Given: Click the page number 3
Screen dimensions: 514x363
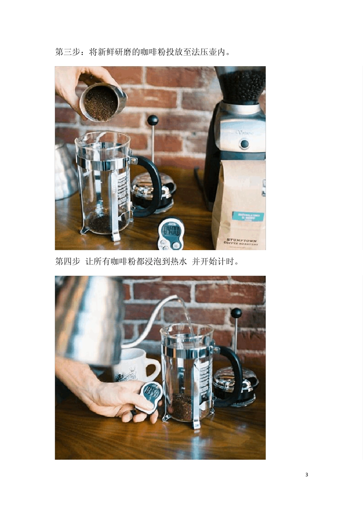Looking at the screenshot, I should coord(306,475).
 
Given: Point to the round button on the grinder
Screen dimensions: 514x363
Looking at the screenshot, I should coord(244,145).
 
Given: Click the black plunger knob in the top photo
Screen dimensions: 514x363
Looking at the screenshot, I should coord(153,120).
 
